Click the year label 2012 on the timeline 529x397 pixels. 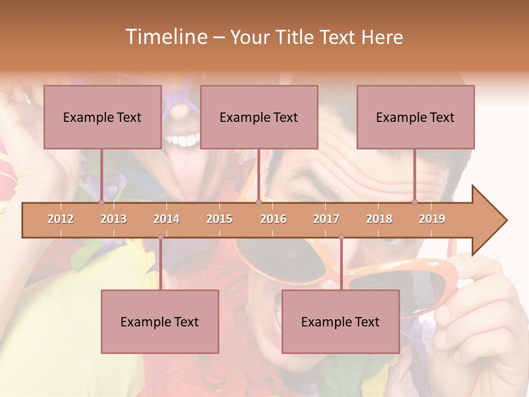tap(61, 219)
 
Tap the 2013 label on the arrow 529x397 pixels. tap(114, 219)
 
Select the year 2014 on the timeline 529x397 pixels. tap(166, 219)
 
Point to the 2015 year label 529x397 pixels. tap(219, 219)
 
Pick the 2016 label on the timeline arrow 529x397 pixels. tap(273, 219)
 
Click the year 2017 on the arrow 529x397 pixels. tap(326, 219)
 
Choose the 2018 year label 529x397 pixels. tap(379, 219)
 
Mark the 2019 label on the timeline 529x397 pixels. tap(432, 219)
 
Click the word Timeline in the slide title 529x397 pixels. tap(165, 37)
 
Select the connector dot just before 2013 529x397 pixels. tap(101, 202)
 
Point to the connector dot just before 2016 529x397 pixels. tap(258, 202)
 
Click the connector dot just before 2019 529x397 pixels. tap(415, 202)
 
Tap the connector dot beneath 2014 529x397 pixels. tap(160, 237)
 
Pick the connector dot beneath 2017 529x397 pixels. tap(341, 237)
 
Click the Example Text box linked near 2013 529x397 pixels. tap(102, 117)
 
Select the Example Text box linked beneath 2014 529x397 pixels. tap(160, 321)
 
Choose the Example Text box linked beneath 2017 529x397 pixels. tap(341, 321)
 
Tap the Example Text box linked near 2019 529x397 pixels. tap(415, 117)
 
